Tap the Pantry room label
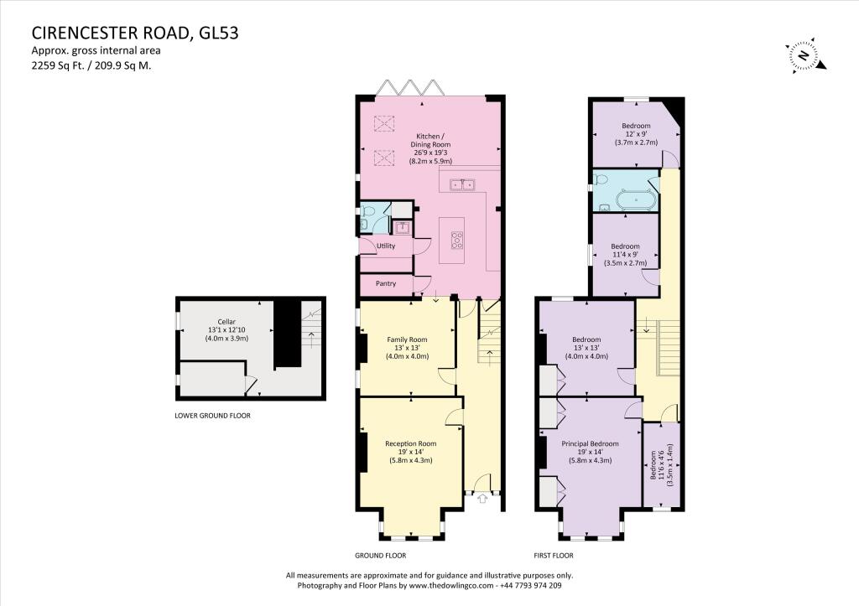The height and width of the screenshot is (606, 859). (x=385, y=284)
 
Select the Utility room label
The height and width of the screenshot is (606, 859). (x=385, y=246)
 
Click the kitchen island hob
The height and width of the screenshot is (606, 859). (x=457, y=241)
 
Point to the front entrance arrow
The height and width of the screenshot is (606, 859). (x=482, y=499)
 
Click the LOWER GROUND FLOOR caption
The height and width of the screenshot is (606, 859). (x=212, y=416)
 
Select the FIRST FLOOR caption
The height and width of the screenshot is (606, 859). (x=554, y=555)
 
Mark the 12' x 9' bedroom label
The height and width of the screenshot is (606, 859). (x=635, y=134)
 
